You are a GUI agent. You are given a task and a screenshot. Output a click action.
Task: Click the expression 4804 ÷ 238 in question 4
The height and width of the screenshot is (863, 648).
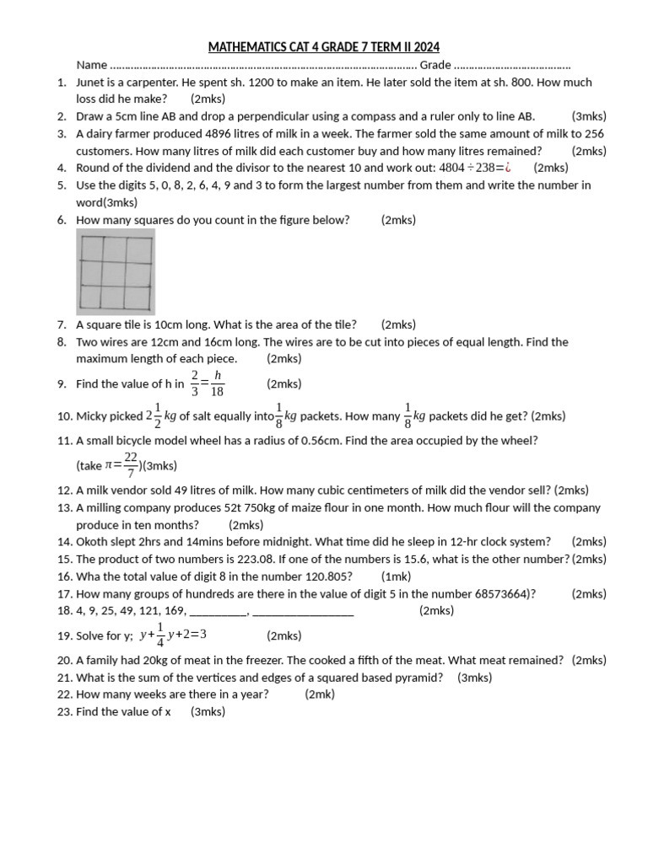467,168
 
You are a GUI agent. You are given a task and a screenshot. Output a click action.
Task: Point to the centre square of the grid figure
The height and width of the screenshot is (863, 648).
116,274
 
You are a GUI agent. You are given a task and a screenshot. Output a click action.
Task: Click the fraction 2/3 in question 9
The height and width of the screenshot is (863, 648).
195,383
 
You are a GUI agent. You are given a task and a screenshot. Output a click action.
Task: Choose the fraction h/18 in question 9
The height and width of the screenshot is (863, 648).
217,383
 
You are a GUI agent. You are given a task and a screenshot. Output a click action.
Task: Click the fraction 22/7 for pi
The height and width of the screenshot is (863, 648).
131,464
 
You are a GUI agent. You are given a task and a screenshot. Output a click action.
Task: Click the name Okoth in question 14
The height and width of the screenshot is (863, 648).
92,542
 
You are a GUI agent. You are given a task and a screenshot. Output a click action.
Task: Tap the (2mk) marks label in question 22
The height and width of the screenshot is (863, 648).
320,694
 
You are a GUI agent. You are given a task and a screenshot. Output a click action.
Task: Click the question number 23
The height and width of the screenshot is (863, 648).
64,712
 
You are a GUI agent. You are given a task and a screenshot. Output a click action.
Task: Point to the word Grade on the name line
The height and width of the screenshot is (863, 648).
435,65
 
